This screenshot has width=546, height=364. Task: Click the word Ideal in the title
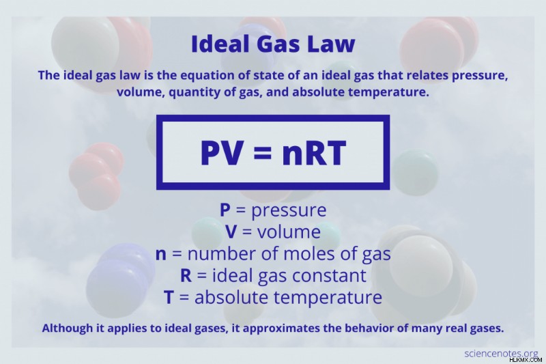220,44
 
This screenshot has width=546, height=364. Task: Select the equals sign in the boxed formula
262,152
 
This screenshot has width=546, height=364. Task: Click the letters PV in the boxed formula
221,152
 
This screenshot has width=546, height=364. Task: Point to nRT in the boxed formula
314,152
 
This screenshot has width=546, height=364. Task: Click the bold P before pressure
225,210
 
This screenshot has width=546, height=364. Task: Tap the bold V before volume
231,232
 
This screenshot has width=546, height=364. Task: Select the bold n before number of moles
161,254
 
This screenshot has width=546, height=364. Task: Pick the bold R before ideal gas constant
186,275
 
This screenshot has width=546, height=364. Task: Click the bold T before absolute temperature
169,297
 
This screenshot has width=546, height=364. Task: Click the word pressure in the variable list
289,210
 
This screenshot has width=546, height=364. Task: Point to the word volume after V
289,232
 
